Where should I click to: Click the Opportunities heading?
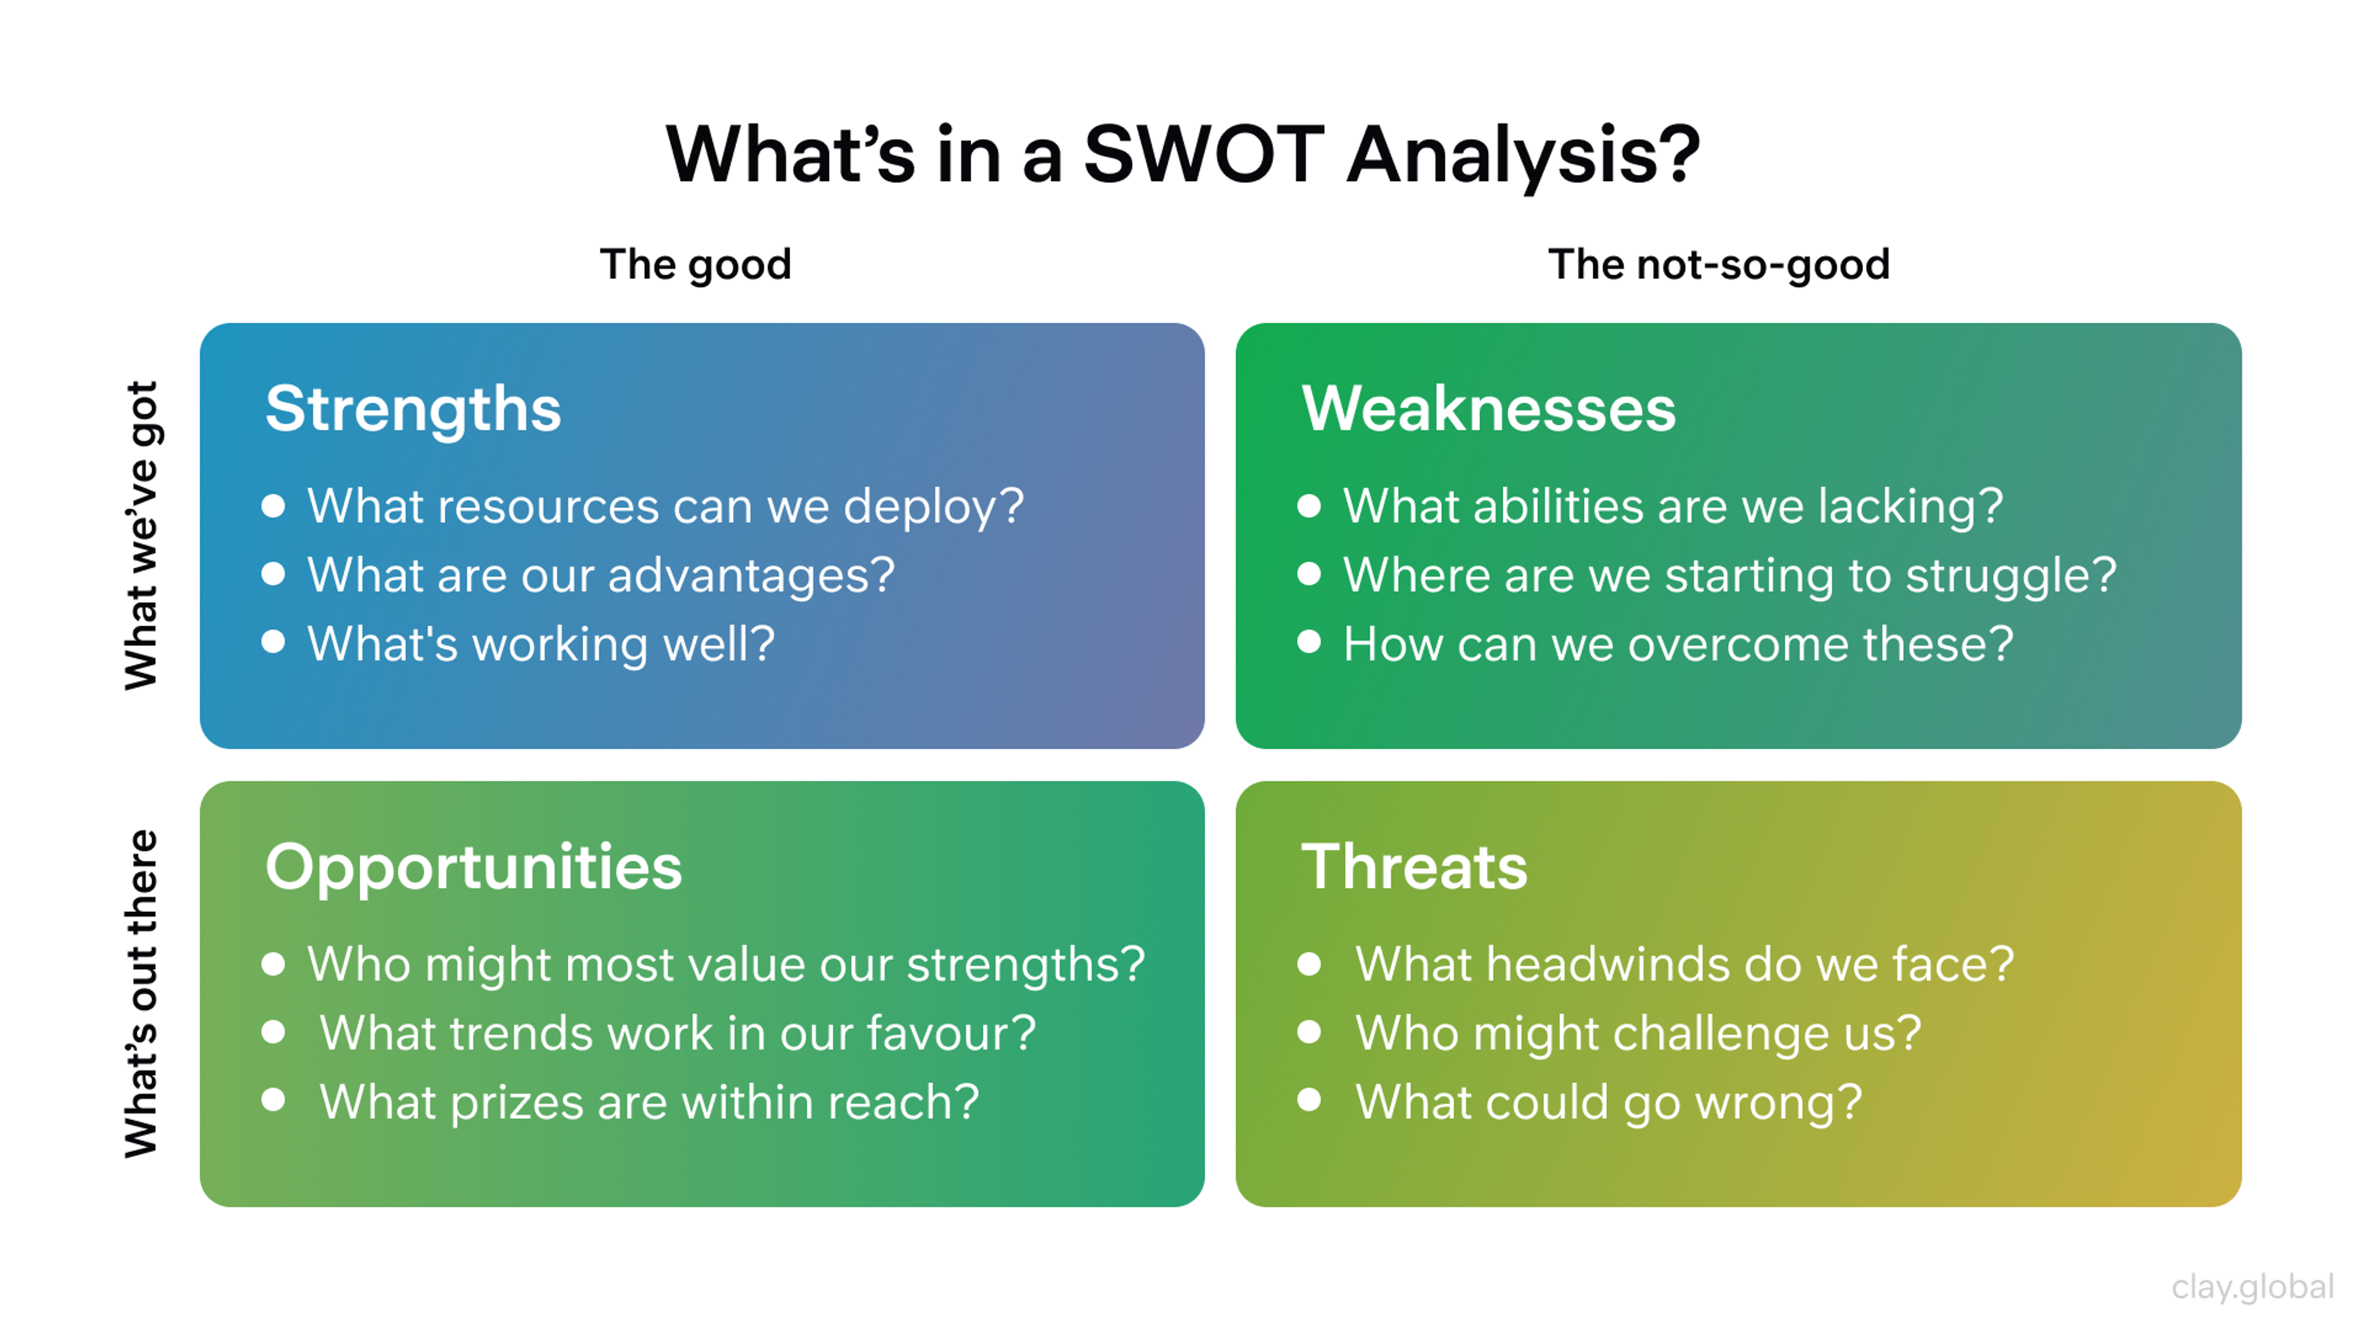point(473,868)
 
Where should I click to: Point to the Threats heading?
point(1414,868)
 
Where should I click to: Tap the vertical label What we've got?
point(142,535)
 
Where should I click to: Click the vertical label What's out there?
point(142,993)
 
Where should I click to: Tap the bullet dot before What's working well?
point(273,642)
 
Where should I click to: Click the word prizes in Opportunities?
point(516,1102)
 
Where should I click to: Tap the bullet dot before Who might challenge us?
point(1309,1032)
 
